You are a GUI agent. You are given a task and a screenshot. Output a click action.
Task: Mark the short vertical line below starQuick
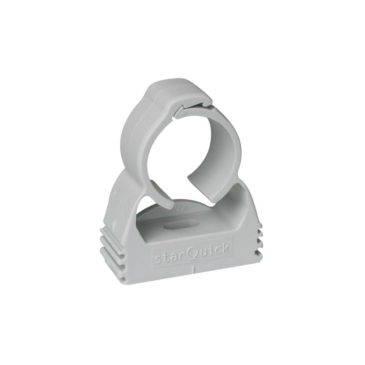coord(192,270)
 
